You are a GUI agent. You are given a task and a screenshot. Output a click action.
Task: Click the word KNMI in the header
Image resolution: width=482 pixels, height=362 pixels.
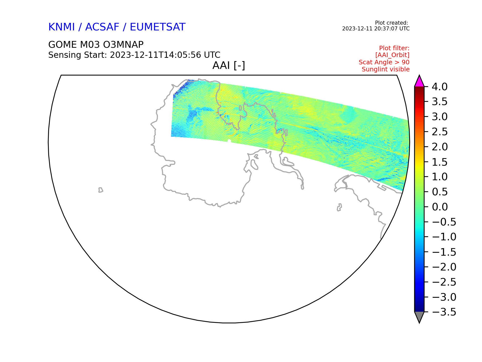[x=62, y=27]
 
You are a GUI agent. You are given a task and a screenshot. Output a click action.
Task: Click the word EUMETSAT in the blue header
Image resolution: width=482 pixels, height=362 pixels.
[x=158, y=27]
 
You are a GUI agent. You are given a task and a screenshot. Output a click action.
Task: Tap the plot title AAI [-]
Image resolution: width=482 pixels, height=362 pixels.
[x=229, y=66]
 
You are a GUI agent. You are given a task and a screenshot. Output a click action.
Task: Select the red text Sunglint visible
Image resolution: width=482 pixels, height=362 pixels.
[x=386, y=69]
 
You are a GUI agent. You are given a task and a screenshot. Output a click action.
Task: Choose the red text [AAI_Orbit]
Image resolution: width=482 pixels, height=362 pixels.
[x=392, y=55]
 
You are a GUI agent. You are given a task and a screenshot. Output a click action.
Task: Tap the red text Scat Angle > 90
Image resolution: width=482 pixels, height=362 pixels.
[x=384, y=62]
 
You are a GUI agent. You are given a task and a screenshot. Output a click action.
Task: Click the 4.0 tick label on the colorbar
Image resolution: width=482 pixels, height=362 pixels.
[x=440, y=87]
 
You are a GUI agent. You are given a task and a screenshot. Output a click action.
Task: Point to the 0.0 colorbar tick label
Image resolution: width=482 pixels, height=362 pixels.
[x=440, y=207]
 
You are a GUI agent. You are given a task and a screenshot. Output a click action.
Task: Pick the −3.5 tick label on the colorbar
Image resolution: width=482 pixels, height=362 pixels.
[x=444, y=312]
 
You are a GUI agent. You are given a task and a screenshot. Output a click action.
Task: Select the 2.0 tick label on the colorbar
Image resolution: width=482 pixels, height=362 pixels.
[x=440, y=147]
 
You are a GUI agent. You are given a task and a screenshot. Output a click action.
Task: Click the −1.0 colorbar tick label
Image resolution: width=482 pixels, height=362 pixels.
[x=444, y=237]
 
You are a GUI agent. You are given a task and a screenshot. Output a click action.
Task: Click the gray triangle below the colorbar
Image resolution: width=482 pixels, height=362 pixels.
[x=419, y=316]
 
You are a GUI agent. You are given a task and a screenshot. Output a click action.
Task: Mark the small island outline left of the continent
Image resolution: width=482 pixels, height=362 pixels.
[x=101, y=190]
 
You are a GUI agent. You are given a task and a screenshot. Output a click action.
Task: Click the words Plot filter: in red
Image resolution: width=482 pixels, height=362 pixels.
[x=394, y=48]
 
